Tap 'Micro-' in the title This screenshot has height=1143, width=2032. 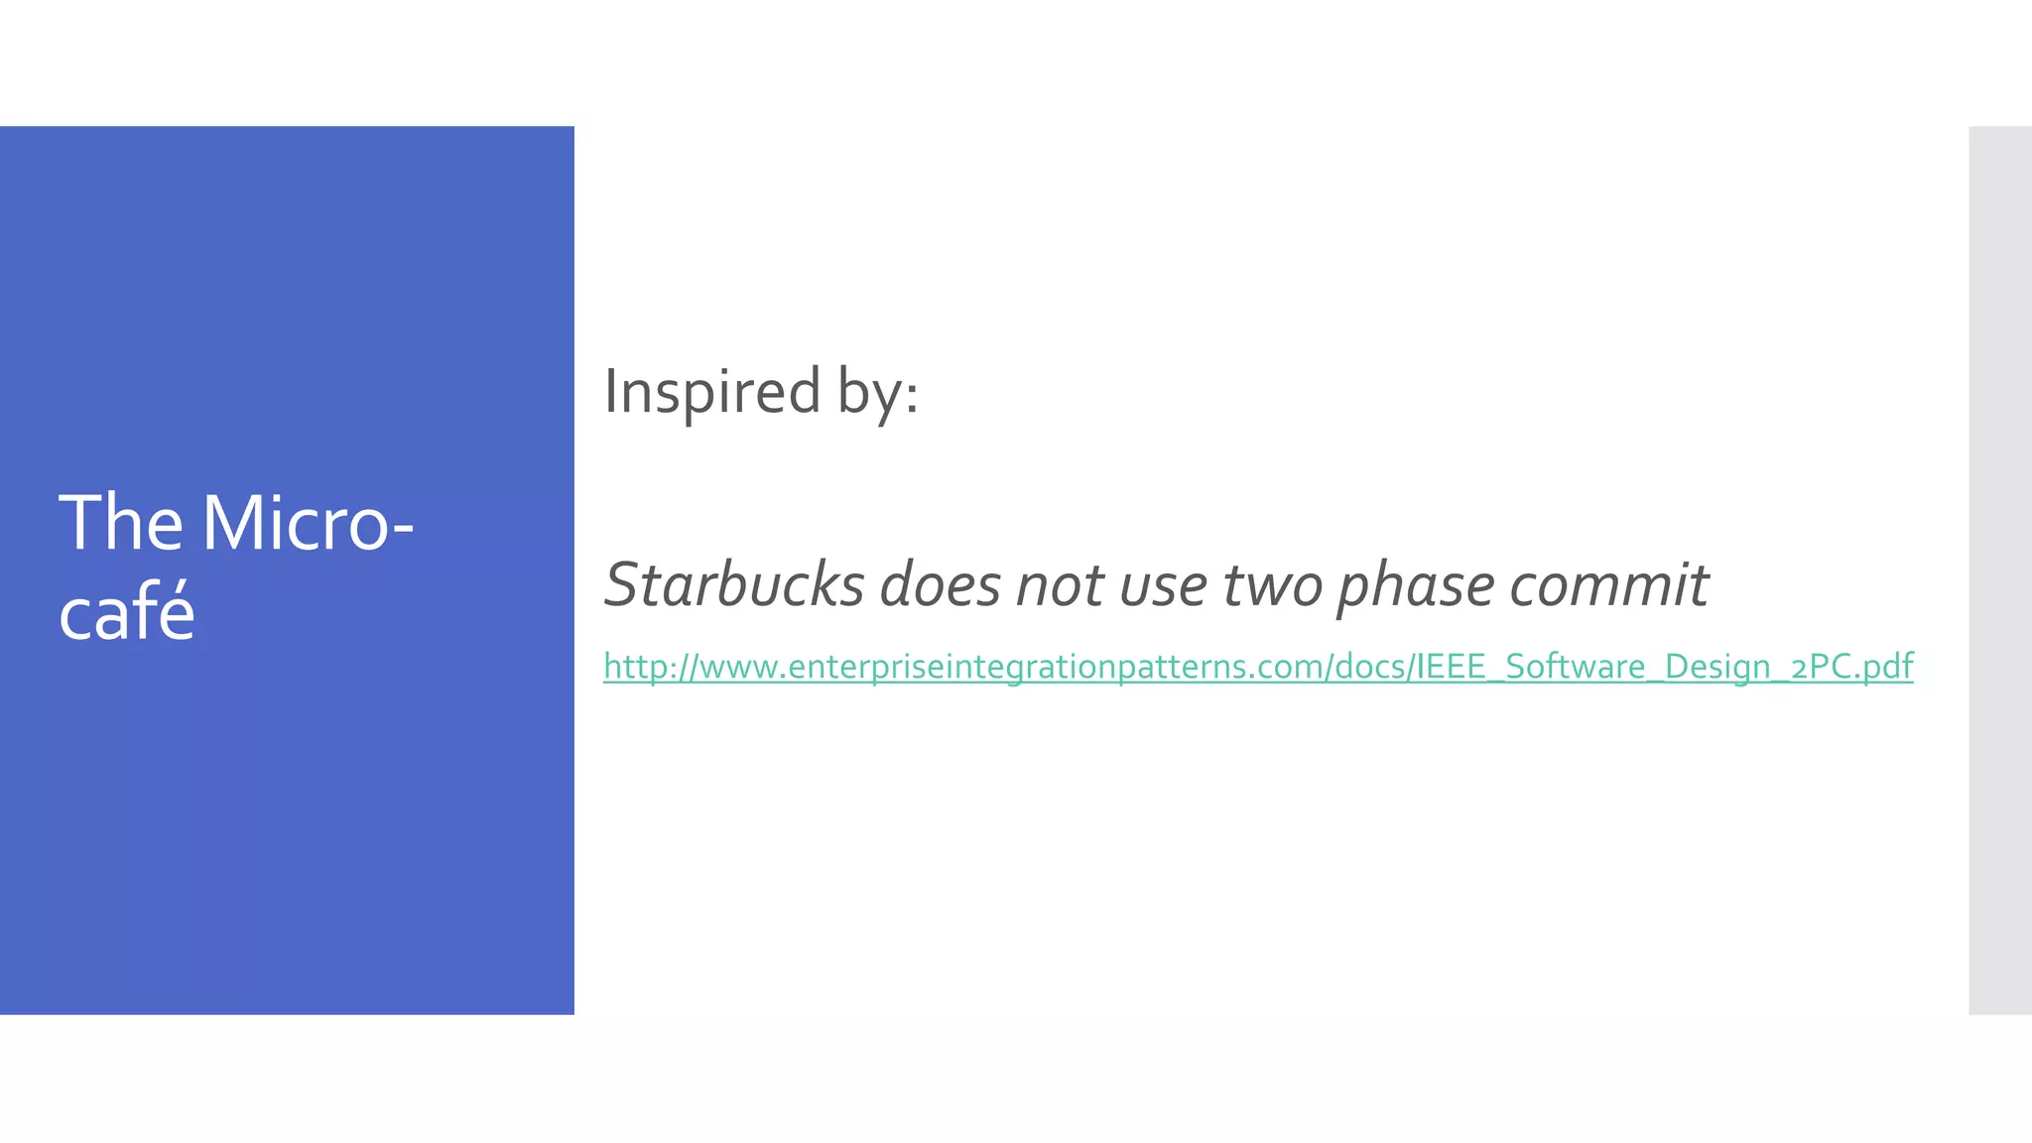click(308, 524)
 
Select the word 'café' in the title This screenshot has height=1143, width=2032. click(126, 612)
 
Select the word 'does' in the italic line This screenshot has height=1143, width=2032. click(940, 584)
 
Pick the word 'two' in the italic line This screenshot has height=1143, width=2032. click(1272, 584)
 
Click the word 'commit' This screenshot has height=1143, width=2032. click(1608, 584)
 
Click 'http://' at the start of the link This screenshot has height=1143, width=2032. click(650, 667)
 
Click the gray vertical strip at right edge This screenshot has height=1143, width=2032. click(1999, 570)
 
